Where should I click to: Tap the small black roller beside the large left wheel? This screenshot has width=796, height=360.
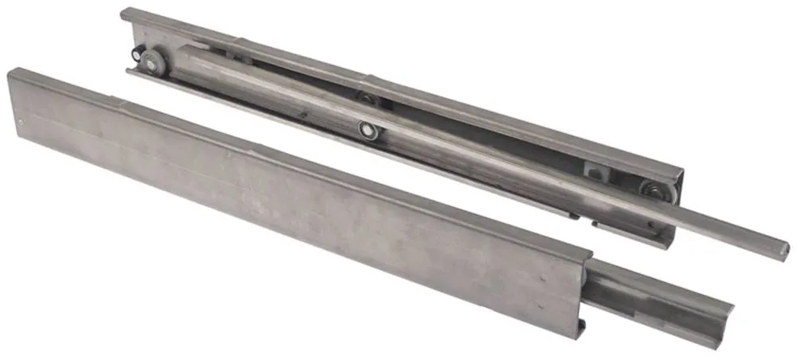139,57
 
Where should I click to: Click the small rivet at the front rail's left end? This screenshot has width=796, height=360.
21,121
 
